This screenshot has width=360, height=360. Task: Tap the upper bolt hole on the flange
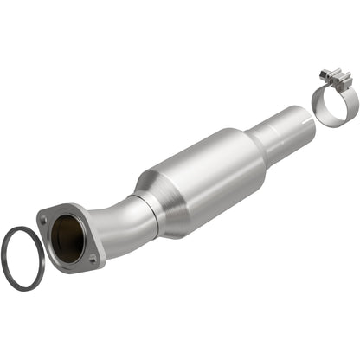[43, 221]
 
